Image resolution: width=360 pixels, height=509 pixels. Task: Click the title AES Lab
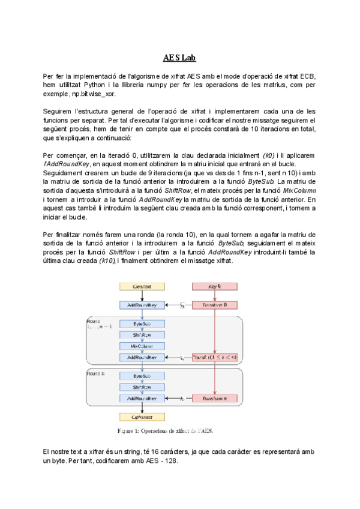[x=179, y=58]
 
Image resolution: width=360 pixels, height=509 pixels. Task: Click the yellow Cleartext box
[x=141, y=287]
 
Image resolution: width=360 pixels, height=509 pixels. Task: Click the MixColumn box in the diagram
[x=141, y=346]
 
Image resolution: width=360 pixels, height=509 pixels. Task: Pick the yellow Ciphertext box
[x=141, y=417]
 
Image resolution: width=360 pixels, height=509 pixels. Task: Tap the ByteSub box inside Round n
[x=141, y=376]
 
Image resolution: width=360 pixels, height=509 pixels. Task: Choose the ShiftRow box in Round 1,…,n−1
[x=141, y=335]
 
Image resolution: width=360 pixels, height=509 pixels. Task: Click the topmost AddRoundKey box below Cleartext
[x=141, y=305]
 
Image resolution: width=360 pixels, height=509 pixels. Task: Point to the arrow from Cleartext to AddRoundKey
[x=141, y=296]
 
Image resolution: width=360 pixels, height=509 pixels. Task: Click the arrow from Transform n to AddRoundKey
[x=177, y=398]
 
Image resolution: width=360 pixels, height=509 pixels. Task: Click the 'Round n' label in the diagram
[x=96, y=373]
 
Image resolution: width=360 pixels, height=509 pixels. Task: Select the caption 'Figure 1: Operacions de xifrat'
[x=164, y=430]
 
